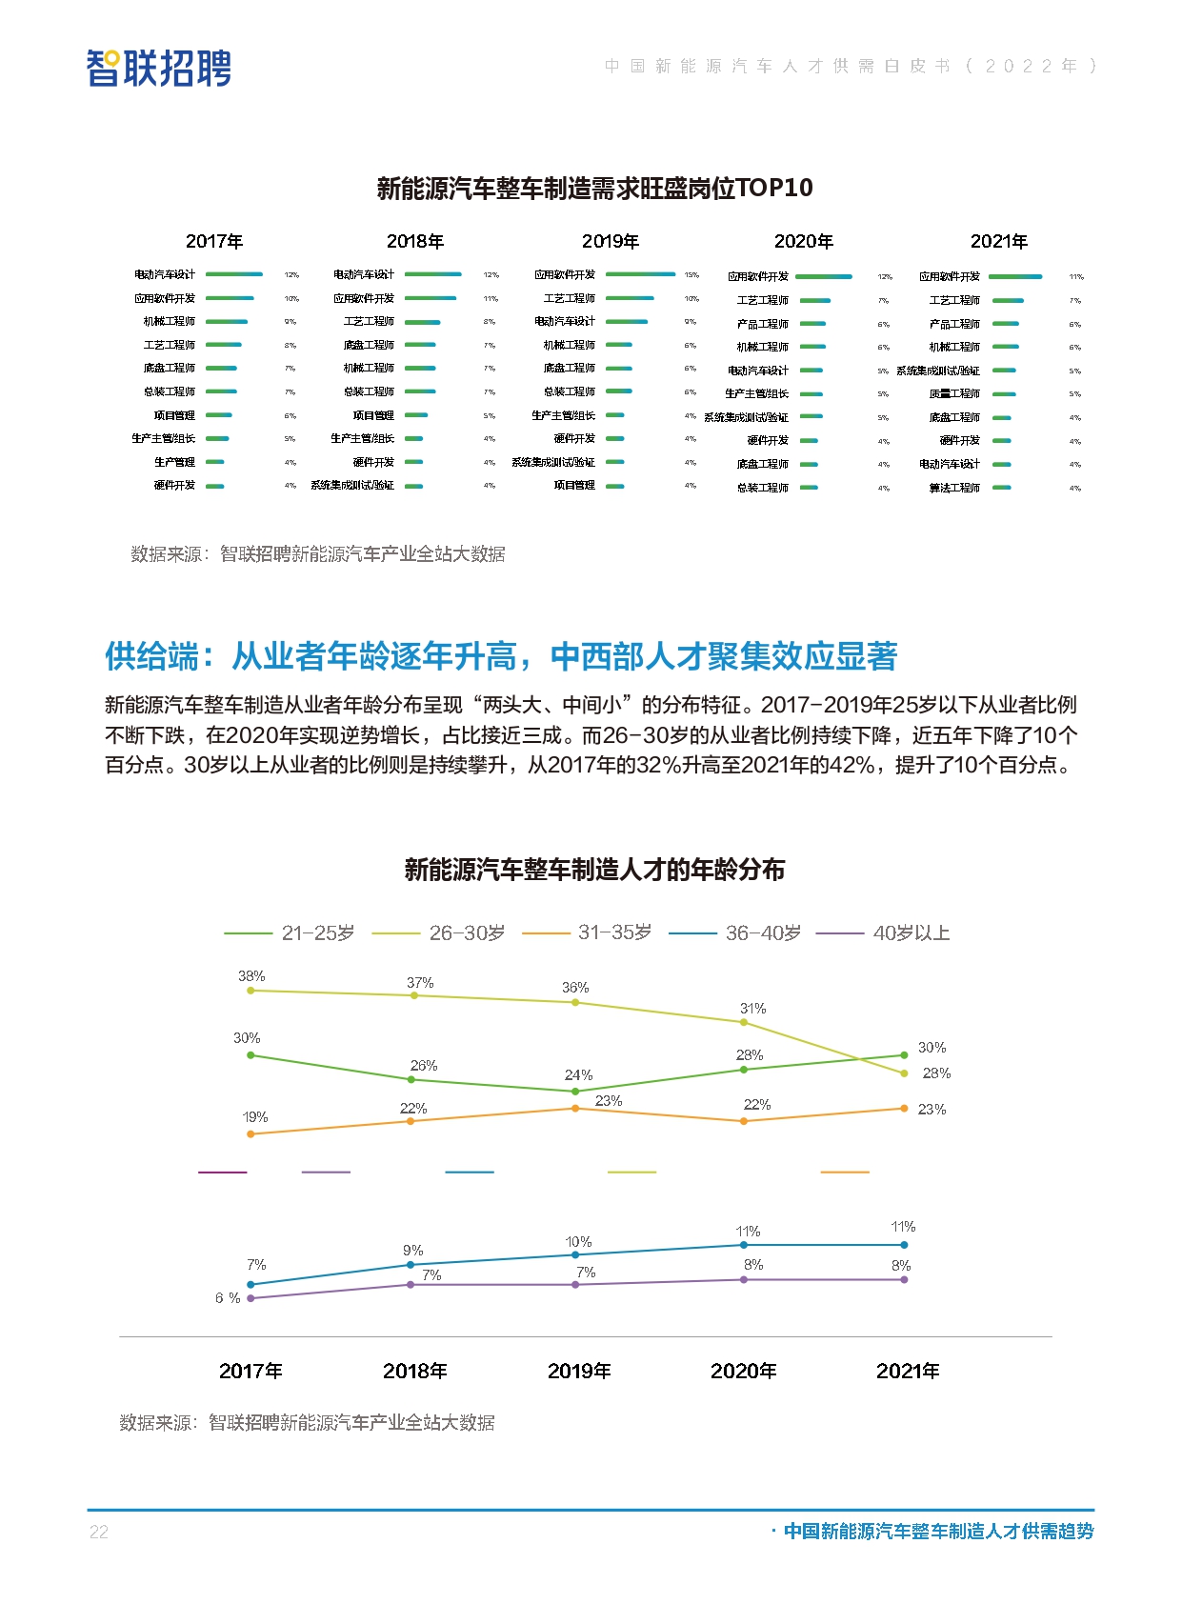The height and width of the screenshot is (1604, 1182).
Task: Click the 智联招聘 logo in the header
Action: [x=158, y=69]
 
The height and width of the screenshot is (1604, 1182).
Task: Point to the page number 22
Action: [x=98, y=1532]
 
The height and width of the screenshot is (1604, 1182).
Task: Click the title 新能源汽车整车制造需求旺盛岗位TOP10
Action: [x=594, y=188]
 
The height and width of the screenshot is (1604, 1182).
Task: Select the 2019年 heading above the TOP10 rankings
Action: [x=611, y=242]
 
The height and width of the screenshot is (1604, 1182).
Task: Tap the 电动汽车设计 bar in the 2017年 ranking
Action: [x=234, y=274]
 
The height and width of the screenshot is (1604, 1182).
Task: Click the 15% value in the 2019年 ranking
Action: [x=691, y=275]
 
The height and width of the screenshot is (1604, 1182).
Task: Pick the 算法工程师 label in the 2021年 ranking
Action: [x=954, y=488]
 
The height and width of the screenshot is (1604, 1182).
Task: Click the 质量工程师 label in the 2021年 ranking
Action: [x=954, y=393]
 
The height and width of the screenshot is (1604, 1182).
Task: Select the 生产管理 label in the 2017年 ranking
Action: [x=174, y=462]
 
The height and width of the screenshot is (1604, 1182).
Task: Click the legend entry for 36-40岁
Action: [x=735, y=933]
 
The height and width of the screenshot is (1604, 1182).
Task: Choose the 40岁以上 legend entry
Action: [x=884, y=933]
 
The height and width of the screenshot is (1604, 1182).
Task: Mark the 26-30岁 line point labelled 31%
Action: [x=744, y=1022]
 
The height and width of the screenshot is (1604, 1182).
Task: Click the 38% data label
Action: [x=251, y=976]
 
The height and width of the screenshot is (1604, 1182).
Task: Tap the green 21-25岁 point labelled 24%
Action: [x=575, y=1091]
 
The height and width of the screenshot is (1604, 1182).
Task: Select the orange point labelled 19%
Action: [x=250, y=1133]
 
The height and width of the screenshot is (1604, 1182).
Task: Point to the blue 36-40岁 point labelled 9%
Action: [x=411, y=1265]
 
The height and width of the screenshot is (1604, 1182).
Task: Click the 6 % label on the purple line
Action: [x=228, y=1298]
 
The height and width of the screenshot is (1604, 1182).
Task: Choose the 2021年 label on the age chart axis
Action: [x=907, y=1371]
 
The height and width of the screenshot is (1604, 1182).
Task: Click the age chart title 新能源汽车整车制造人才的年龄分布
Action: [x=594, y=870]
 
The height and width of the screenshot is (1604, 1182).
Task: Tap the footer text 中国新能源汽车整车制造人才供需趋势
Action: [x=938, y=1532]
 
